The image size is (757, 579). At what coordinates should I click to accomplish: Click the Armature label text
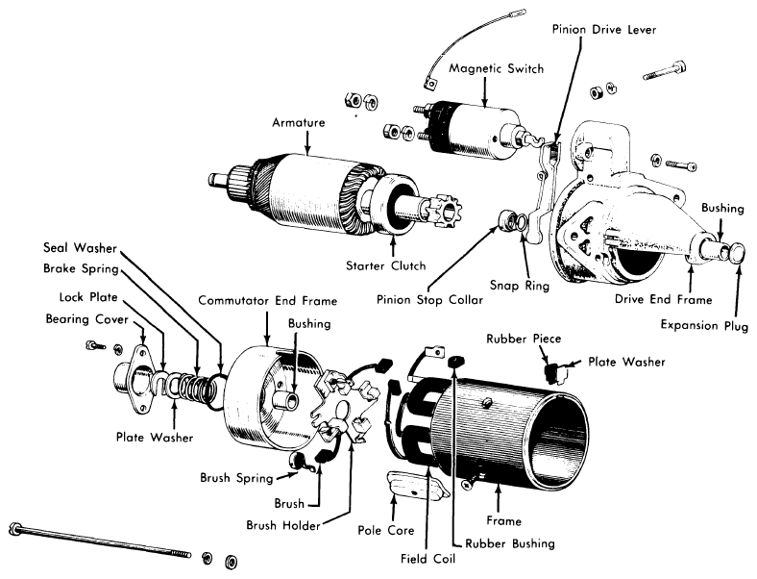pos(299,122)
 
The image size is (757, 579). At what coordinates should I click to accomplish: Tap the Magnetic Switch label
pos(497,68)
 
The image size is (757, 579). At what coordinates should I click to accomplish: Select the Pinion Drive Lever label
pos(604,30)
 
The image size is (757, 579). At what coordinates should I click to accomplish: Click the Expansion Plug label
pos(704,325)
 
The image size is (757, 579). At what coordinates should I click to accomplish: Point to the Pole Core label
pos(386,530)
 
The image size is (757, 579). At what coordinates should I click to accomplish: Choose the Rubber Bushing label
pos(510,543)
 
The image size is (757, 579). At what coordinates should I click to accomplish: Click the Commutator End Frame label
pos(267,301)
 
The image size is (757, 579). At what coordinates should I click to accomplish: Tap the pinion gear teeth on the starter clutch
pos(446,212)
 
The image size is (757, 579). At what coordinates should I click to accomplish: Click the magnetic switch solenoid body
pos(476,130)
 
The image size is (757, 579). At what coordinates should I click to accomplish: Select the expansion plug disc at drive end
pos(736,253)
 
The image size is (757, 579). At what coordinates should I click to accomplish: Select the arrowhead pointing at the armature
pos(308,151)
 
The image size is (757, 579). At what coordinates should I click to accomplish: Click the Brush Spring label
pos(236,478)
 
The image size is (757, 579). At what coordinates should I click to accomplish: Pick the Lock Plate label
pos(88,297)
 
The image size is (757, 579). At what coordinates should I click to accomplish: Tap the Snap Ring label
pos(520,285)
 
